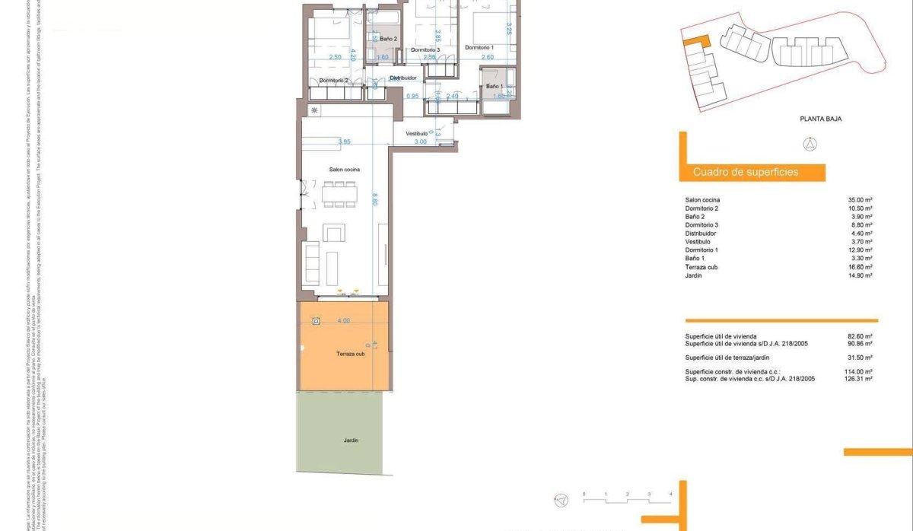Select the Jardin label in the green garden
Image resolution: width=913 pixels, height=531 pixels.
(x=350, y=440)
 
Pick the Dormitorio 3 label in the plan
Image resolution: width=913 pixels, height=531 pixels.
(x=425, y=50)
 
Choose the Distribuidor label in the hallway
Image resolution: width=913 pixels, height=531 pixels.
(x=403, y=78)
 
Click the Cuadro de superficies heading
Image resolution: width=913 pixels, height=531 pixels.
(x=746, y=173)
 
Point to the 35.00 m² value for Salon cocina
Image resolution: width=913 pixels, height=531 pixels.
(x=860, y=200)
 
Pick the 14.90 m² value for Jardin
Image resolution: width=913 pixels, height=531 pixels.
(x=860, y=275)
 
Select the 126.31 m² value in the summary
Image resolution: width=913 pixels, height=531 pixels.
(x=858, y=378)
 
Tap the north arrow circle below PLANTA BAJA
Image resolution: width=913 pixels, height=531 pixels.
(x=810, y=145)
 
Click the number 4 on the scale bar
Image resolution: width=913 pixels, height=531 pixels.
(x=670, y=494)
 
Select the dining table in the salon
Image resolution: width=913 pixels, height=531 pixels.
(x=340, y=194)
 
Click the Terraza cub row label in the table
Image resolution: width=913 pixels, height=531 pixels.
(x=701, y=267)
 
